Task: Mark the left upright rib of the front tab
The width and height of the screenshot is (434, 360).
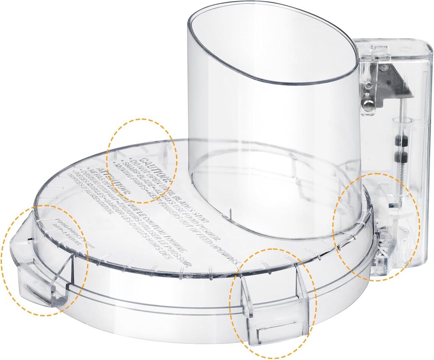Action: [x=246, y=297]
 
